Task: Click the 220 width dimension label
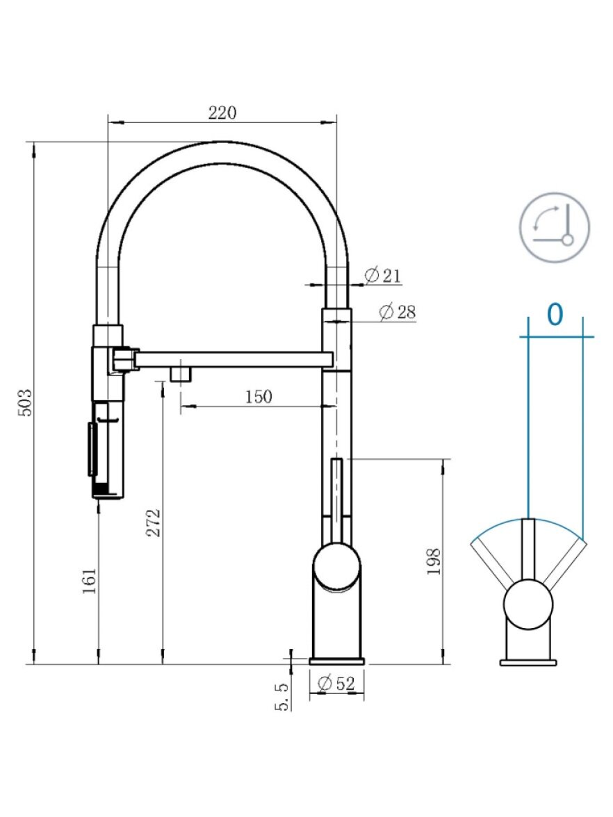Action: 222,113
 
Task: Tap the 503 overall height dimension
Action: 25,402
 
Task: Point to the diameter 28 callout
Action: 398,311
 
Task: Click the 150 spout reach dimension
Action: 259,397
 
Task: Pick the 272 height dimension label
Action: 153,522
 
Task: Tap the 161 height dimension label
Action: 90,581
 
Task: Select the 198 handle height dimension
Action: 434,561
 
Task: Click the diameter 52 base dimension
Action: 336,682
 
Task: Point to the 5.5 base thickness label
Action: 281,697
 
